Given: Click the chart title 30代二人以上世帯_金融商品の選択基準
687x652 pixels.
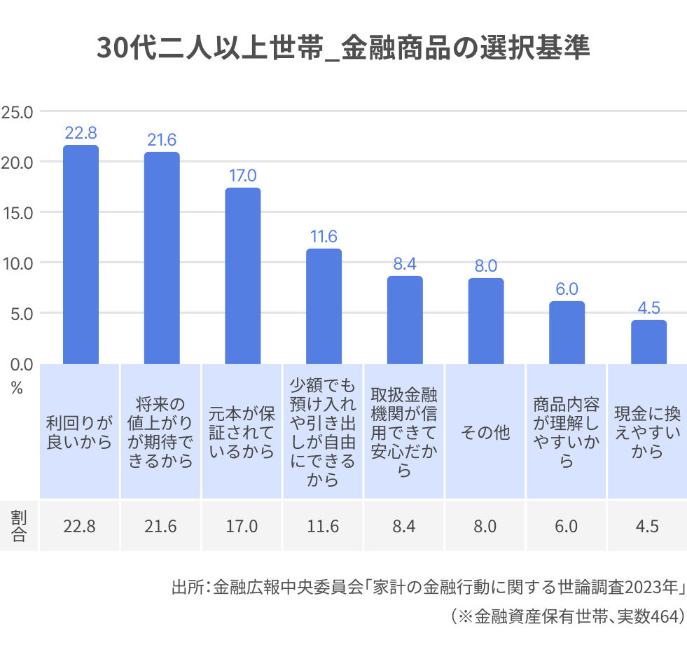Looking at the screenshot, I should (x=343, y=48).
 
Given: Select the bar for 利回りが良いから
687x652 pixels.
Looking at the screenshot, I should (x=81, y=256).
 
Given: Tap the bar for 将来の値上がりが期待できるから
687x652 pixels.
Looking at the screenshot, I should (x=162, y=259).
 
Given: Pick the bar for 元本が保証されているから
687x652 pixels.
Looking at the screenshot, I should (x=243, y=277).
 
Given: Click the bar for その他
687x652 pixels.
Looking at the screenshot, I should (x=486, y=321).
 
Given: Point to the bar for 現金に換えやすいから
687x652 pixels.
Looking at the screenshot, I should (x=648, y=342).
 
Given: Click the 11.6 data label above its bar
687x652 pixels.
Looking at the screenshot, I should (x=324, y=237).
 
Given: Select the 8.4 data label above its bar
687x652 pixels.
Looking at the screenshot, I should (x=405, y=264).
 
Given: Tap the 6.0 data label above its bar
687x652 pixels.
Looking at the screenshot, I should (x=567, y=289).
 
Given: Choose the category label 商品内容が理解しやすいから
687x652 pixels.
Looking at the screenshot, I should (x=567, y=433).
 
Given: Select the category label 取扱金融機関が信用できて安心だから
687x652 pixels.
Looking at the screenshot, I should (x=405, y=431).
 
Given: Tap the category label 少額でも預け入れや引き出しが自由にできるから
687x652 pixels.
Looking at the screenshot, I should (x=324, y=431).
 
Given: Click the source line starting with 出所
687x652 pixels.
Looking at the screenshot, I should (x=427, y=587).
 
